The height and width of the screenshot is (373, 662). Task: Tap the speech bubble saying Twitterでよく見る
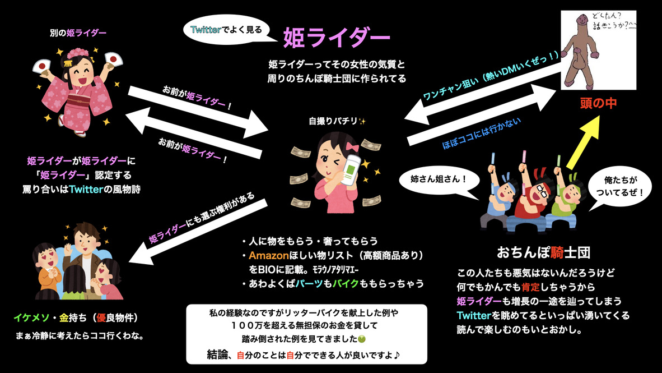227,29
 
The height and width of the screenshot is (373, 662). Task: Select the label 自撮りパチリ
334,121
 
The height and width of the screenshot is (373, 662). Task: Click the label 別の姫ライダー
78,33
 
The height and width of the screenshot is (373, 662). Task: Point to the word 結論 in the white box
219,355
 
